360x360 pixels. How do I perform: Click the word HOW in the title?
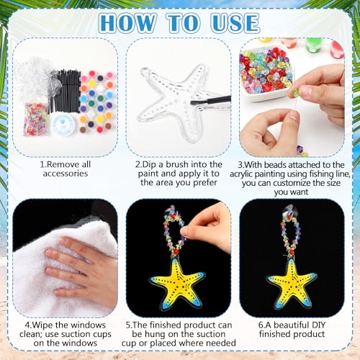click(127, 23)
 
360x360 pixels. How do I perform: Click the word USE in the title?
click(235, 23)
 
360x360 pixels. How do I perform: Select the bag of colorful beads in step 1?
click(36, 119)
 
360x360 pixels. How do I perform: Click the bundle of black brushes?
click(65, 91)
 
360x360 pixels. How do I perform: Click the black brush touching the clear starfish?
click(210, 99)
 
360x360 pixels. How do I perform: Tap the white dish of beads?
click(267, 72)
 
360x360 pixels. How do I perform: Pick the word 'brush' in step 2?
click(177, 164)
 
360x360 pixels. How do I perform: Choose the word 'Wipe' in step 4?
click(42, 325)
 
